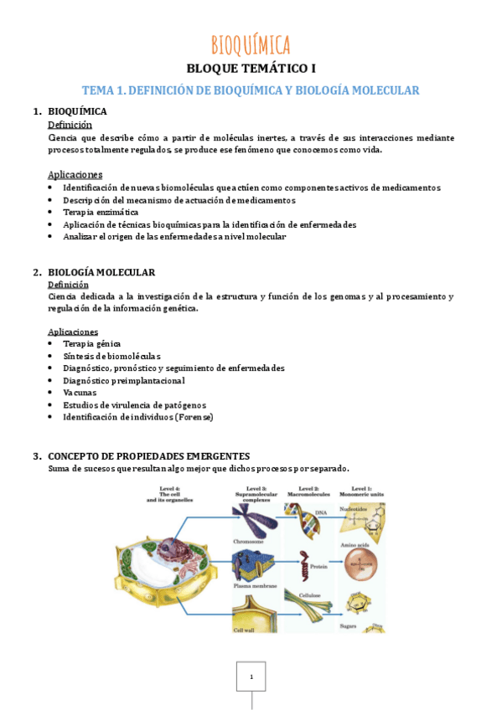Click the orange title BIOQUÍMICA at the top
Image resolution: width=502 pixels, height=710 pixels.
pyautogui.click(x=251, y=44)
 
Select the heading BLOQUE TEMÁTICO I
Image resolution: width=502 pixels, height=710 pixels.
pyautogui.click(x=251, y=69)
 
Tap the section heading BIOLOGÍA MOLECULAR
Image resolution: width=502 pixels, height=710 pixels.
pyautogui.click(x=101, y=272)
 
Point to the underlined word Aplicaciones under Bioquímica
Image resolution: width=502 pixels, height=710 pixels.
pyautogui.click(x=75, y=175)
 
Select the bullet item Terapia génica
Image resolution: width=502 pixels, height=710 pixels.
pyautogui.click(x=91, y=343)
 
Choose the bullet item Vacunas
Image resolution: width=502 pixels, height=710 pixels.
pyautogui.click(x=80, y=392)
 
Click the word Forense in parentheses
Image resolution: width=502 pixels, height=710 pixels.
pyautogui.click(x=194, y=416)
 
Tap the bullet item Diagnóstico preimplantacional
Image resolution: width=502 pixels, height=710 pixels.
pyautogui.click(x=123, y=380)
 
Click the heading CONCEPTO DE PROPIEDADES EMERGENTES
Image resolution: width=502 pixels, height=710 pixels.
pyautogui.click(x=149, y=455)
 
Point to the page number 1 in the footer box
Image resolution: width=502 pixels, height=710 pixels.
pyautogui.click(x=251, y=677)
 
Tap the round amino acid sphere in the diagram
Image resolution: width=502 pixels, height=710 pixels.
pyautogui.click(x=362, y=559)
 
